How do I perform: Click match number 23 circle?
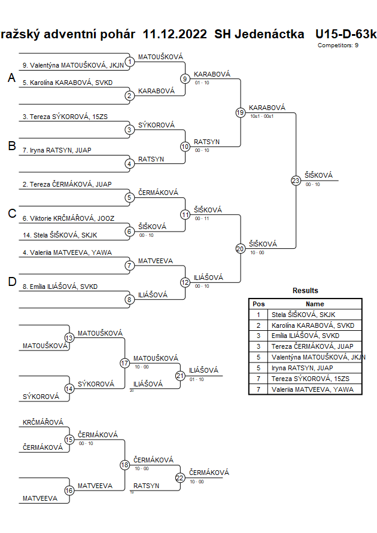296,181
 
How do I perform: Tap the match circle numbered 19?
240,112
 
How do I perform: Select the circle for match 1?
129,62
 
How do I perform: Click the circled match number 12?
185,282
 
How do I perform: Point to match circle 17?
124,363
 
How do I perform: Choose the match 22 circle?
180,477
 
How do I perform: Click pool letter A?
11,78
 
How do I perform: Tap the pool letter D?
11,282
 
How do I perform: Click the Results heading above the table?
305,291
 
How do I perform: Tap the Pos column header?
259,304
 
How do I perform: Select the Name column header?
315,304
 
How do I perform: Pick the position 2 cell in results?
259,325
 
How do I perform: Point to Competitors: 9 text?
338,45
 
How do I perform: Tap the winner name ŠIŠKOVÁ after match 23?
318,175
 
